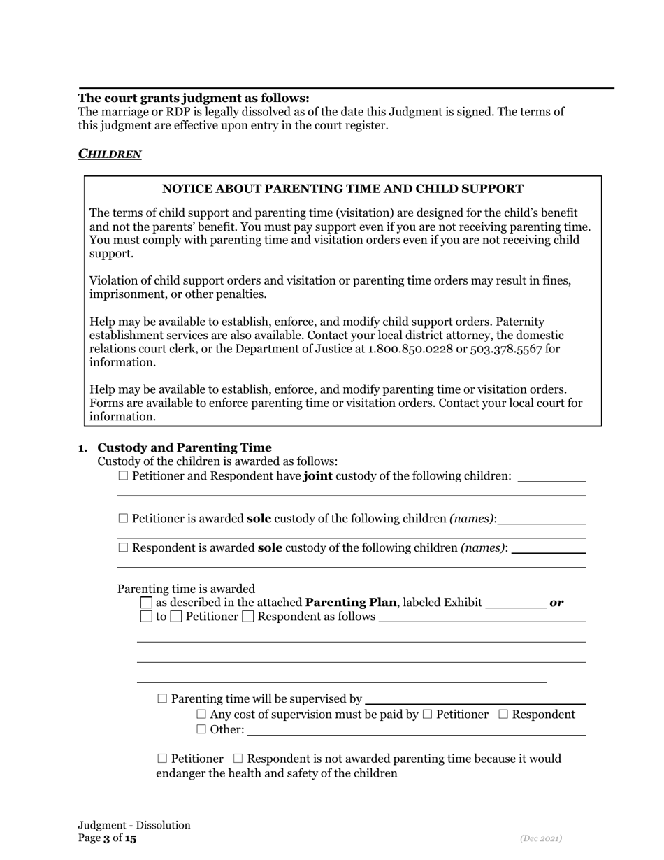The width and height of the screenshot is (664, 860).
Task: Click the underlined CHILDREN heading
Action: [110, 154]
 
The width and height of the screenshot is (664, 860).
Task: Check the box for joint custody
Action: [124, 476]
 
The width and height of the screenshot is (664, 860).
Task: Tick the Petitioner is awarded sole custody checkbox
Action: [124, 519]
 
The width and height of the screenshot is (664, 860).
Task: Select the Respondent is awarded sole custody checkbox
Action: [124, 548]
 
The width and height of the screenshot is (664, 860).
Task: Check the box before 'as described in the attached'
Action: [146, 603]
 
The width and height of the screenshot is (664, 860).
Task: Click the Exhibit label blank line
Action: [515, 603]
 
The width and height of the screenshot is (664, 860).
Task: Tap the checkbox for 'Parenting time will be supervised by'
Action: [163, 699]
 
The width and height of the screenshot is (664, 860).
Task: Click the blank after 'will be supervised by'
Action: [475, 699]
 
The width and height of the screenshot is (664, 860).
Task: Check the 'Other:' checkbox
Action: [202, 730]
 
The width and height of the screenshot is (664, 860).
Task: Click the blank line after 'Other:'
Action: [417, 731]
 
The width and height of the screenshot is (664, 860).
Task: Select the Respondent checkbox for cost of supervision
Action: [504, 715]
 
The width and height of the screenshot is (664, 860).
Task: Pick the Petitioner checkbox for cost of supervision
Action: [428, 715]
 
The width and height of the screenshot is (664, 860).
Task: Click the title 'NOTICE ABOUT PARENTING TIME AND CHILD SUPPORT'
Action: [342, 189]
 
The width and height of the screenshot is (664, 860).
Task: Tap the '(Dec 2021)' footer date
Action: [541, 838]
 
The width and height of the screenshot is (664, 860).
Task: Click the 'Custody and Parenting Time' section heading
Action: [185, 447]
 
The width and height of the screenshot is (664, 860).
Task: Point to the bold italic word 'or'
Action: [557, 603]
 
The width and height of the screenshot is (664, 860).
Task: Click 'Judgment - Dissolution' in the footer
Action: [134, 825]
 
